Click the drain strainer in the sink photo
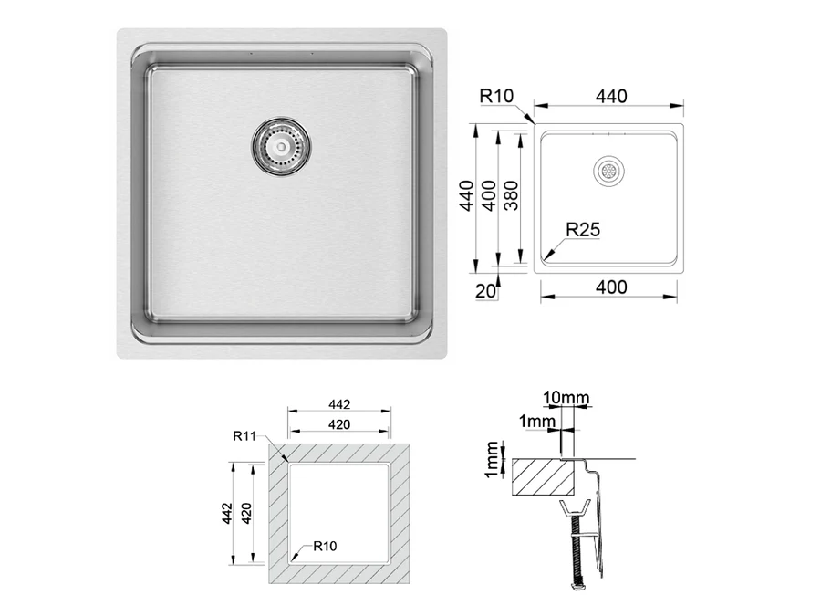tap(281, 146)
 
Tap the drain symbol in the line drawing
tap(609, 171)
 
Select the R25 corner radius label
tap(583, 229)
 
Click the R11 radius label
tap(244, 436)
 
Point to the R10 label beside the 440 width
tap(496, 96)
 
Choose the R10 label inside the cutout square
tap(325, 546)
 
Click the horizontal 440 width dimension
tap(611, 96)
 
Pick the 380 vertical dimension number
tap(511, 195)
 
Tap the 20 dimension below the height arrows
tap(485, 290)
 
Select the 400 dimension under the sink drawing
tap(611, 287)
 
